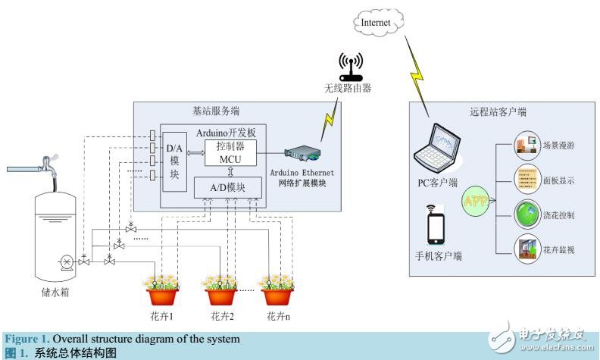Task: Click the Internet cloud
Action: (x=376, y=23)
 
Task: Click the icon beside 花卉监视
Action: (x=525, y=248)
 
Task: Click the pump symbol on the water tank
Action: (x=67, y=261)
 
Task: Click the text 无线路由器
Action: (x=348, y=89)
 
